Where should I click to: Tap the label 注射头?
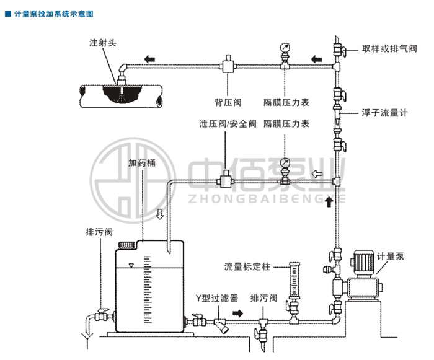pyautogui.click(x=103, y=43)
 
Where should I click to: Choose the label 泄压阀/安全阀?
pyautogui.click(x=228, y=124)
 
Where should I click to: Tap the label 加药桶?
pyautogui.click(x=141, y=164)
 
